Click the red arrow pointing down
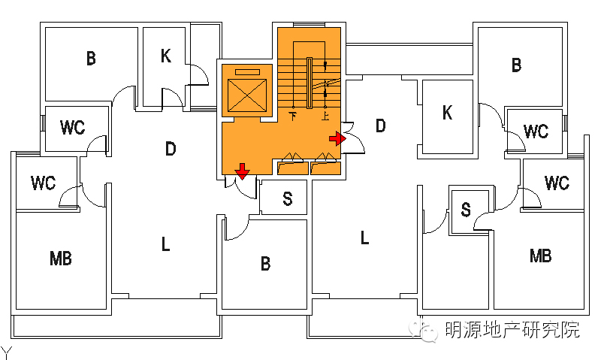click(242, 171)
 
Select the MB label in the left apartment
click(60, 259)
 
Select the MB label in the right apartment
click(540, 256)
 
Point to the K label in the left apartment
click(166, 56)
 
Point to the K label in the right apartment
click(448, 113)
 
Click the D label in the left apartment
click(171, 149)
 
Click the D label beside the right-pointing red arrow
click(380, 126)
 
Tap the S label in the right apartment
click(466, 210)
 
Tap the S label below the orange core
click(288, 198)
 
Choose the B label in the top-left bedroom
click(91, 59)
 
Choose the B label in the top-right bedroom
click(516, 65)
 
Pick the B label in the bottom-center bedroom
click(265, 264)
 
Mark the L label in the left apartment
click(165, 244)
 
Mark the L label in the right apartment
click(364, 239)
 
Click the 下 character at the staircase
click(293, 116)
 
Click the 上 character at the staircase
click(325, 116)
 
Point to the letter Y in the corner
click(5, 352)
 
